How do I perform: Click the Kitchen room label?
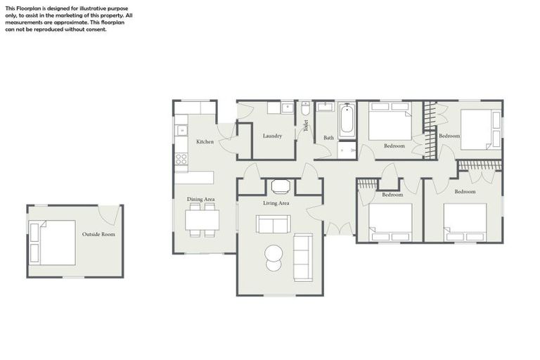(205, 142)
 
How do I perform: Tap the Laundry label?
(272, 136)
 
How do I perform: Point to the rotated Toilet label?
(306, 126)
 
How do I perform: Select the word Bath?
(328, 138)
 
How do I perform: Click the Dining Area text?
(200, 200)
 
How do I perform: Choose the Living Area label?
(276, 203)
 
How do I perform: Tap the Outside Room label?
(98, 234)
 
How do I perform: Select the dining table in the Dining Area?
(202, 220)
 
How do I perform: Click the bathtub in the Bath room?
(347, 121)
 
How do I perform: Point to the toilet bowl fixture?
(305, 110)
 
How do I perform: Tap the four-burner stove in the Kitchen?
(181, 158)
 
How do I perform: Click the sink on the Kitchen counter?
(181, 130)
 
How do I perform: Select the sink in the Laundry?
(287, 108)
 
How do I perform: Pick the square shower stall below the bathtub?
(347, 150)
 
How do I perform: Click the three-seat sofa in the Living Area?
(303, 257)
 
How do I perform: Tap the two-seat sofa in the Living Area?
(273, 224)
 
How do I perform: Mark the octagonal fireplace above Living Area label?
(281, 186)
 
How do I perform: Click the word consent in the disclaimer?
(96, 30)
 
